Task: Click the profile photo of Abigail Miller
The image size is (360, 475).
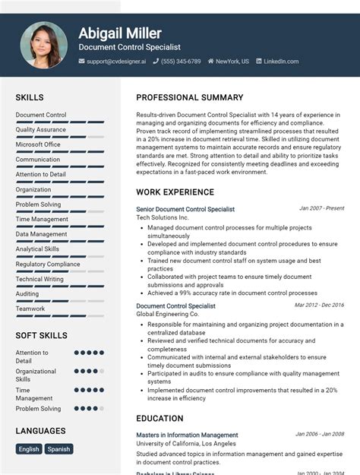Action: (43, 45)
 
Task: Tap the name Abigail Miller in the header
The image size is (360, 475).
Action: (119, 33)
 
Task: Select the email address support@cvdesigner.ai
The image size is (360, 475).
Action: (115, 62)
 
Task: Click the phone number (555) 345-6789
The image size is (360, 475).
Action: (181, 62)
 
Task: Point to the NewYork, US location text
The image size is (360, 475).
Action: (232, 62)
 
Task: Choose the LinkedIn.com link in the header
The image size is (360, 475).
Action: (281, 62)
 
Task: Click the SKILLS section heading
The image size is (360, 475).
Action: (30, 98)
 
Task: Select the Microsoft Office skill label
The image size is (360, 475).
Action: (38, 144)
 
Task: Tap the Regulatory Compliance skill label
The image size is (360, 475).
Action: (48, 264)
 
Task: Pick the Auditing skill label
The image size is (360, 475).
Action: (27, 293)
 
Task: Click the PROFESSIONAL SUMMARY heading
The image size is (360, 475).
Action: (190, 98)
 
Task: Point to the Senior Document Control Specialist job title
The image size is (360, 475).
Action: (185, 209)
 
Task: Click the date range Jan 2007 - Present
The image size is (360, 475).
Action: (321, 208)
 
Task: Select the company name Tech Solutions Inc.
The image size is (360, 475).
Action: (163, 217)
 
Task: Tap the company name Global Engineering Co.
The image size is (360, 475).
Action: (167, 314)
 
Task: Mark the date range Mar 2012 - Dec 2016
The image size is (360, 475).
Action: (319, 305)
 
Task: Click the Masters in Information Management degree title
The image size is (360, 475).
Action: (187, 435)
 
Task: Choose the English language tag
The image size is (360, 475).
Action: (29, 449)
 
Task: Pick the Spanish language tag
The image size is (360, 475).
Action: (58, 449)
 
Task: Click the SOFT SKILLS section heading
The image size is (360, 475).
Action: (41, 336)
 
